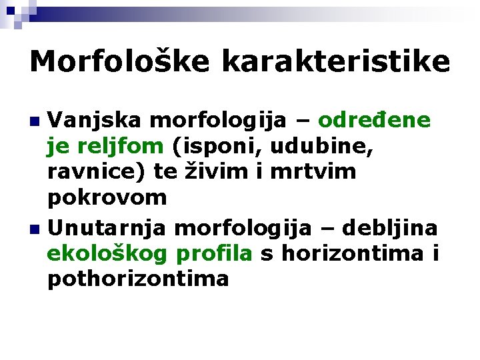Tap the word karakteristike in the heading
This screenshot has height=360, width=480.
pyautogui.click(x=336, y=62)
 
